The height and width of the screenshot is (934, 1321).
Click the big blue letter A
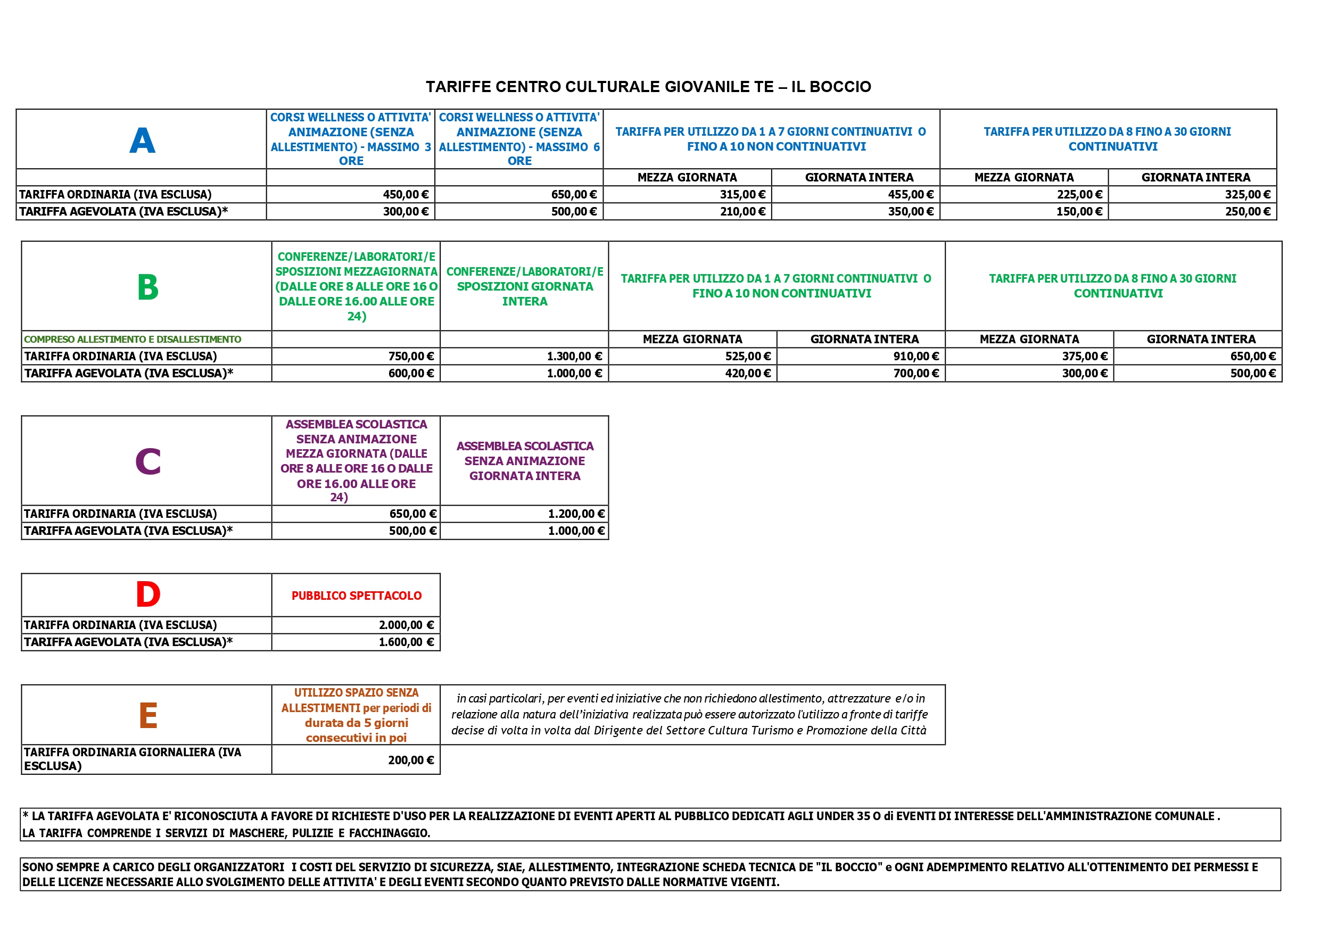click(142, 140)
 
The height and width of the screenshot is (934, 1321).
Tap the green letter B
click(148, 287)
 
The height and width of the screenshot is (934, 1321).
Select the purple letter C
click(148, 461)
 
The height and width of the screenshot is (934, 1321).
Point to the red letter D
click(148, 594)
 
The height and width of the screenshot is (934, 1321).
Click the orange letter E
click(148, 716)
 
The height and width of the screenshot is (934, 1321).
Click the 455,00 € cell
click(910, 194)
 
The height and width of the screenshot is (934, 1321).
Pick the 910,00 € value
click(915, 356)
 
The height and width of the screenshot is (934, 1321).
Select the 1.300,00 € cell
click(574, 356)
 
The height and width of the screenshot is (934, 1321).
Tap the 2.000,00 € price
click(406, 625)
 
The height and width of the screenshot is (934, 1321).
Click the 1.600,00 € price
click(406, 642)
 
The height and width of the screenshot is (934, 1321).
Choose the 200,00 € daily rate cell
click(410, 760)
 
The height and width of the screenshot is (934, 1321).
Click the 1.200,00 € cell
click(576, 514)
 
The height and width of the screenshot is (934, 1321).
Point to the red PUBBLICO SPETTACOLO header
click(356, 596)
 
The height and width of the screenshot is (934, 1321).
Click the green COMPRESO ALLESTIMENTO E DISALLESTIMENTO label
click(133, 340)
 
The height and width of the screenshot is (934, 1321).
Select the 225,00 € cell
click(1079, 194)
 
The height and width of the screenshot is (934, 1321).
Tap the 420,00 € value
click(747, 374)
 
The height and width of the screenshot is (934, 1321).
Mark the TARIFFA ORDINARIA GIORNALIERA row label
click(133, 759)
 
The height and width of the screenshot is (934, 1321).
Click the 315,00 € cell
click(742, 194)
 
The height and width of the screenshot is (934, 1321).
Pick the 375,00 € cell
click(1084, 356)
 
